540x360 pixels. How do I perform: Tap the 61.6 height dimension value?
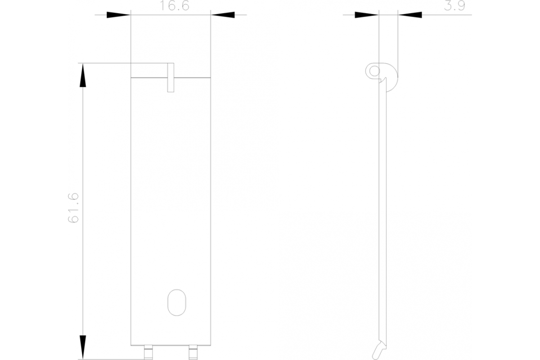pos(73,207)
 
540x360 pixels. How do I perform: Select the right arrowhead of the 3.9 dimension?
pos(410,15)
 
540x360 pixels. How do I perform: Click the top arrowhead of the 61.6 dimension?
pos(82,75)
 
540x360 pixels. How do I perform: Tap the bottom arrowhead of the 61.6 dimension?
pos(82,347)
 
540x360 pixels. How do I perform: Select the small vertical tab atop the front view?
pos(171,77)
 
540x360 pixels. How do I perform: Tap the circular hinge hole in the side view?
pos(373,71)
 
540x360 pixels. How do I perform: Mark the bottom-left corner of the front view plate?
pos(130,345)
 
